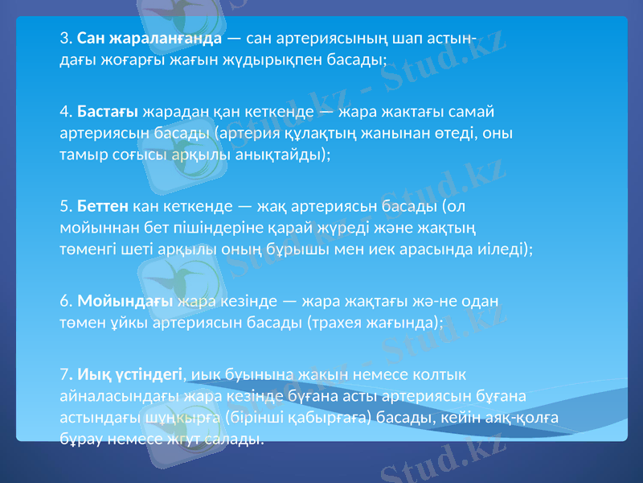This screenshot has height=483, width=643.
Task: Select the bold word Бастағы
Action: tap(109, 110)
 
